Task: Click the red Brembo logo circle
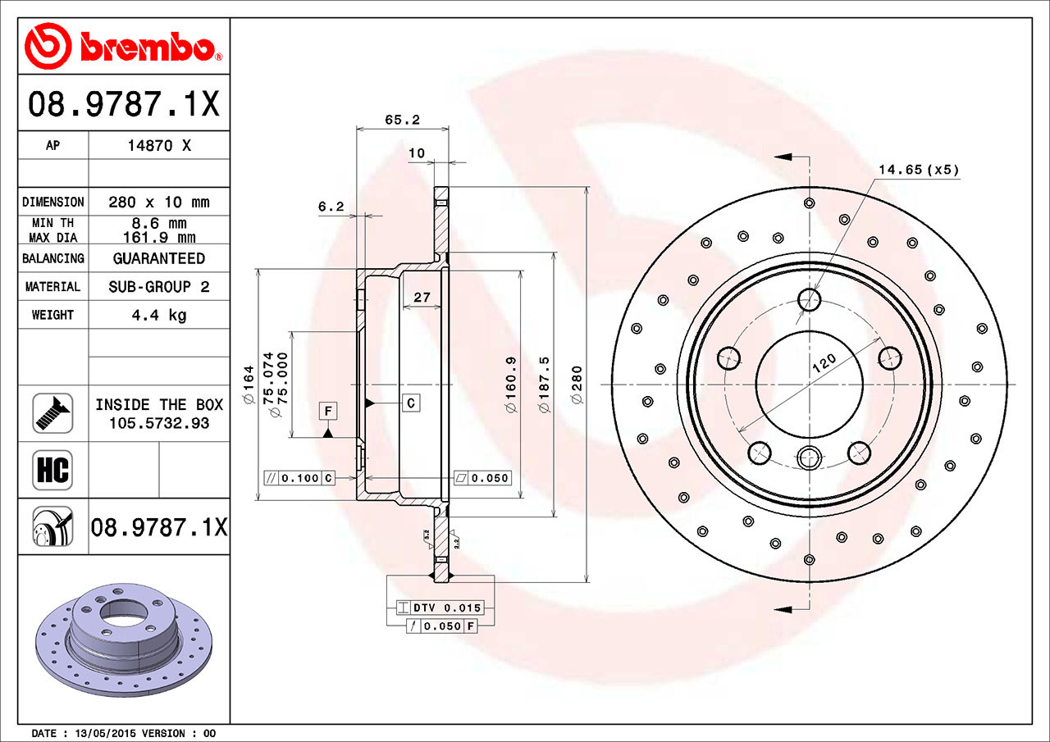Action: click(48, 46)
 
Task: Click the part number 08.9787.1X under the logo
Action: click(124, 103)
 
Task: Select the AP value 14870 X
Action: click(159, 146)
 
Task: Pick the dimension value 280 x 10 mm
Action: click(159, 202)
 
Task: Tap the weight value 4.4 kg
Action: click(159, 315)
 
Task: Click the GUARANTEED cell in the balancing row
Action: click(159, 258)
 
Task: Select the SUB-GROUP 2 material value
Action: click(159, 286)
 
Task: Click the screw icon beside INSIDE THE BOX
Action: click(52, 413)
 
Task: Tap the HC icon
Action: click(52, 470)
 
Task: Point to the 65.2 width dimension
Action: click(402, 120)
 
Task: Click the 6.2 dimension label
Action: click(331, 206)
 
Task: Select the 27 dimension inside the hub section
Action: click(422, 297)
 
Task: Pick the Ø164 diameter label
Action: click(249, 385)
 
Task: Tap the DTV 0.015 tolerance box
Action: click(440, 608)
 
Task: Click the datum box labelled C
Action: click(411, 403)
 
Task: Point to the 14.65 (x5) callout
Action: click(919, 170)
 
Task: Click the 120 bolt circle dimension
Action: click(824, 363)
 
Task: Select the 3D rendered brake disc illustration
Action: click(124, 640)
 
